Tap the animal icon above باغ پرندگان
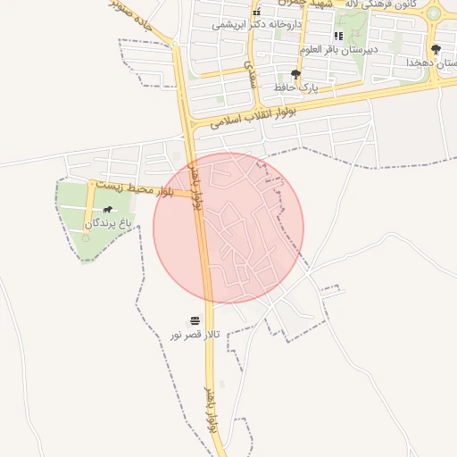(108, 211)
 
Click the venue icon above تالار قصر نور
(195, 320)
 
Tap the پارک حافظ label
(299, 87)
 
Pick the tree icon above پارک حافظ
(296, 74)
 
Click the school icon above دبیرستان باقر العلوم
(338, 36)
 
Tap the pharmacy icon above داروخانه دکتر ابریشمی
(256, 12)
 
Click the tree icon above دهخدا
(436, 49)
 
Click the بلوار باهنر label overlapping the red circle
(195, 185)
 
